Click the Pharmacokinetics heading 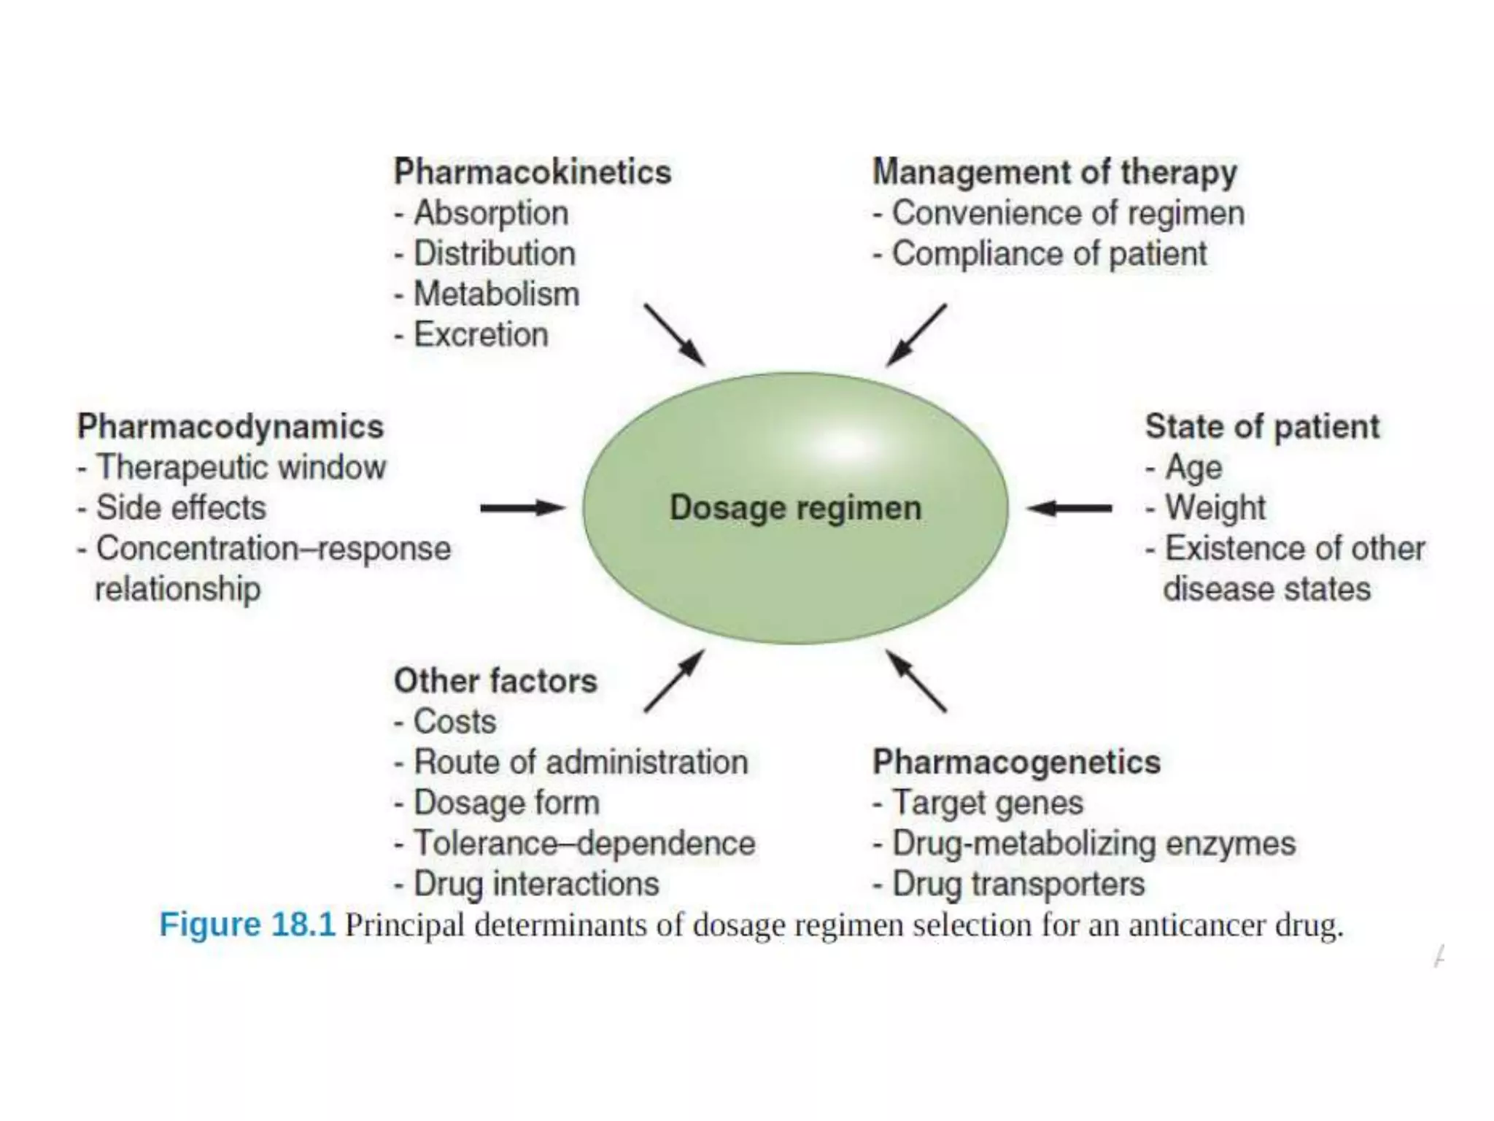click(532, 172)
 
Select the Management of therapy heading click(1054, 172)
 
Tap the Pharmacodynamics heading click(231, 427)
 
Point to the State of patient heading click(1262, 427)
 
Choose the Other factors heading click(495, 681)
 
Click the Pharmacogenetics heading click(1016, 762)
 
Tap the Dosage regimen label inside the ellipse click(795, 508)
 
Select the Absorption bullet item click(491, 213)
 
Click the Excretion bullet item click(481, 335)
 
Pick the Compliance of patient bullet click(1048, 254)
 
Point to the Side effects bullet click(181, 508)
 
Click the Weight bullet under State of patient click(1215, 508)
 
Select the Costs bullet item click(454, 722)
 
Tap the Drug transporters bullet click(1018, 884)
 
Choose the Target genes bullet click(987, 803)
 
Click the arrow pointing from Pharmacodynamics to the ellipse click(522, 508)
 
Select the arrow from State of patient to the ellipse click(1069, 508)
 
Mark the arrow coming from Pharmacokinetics click(674, 334)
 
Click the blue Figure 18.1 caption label click(247, 925)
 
